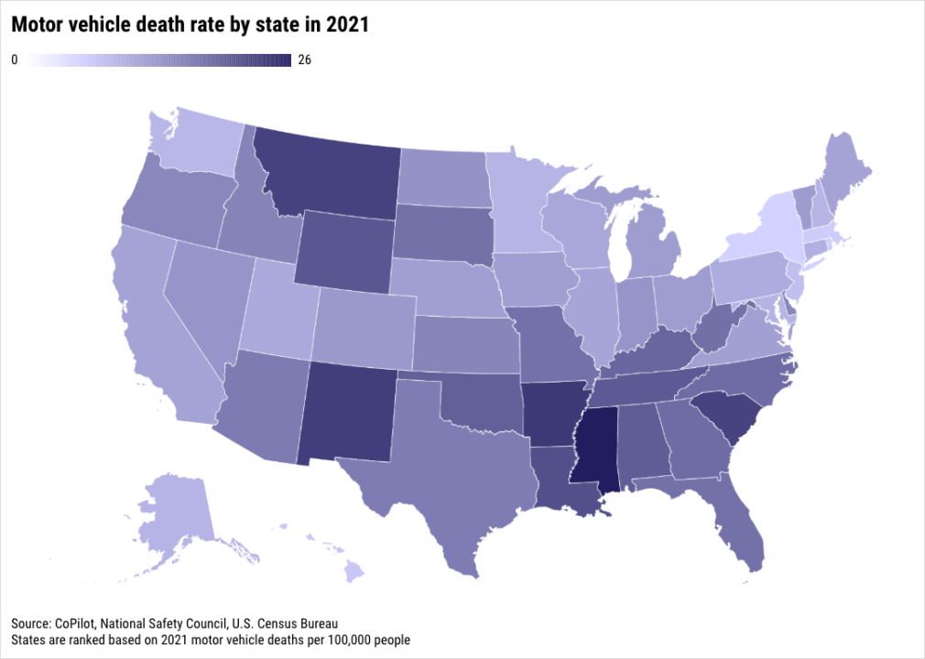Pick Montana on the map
pyautogui.click(x=330, y=169)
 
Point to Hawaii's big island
pyautogui.click(x=354, y=573)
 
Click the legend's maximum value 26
pyautogui.click(x=305, y=60)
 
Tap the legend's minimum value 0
pyautogui.click(x=15, y=60)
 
